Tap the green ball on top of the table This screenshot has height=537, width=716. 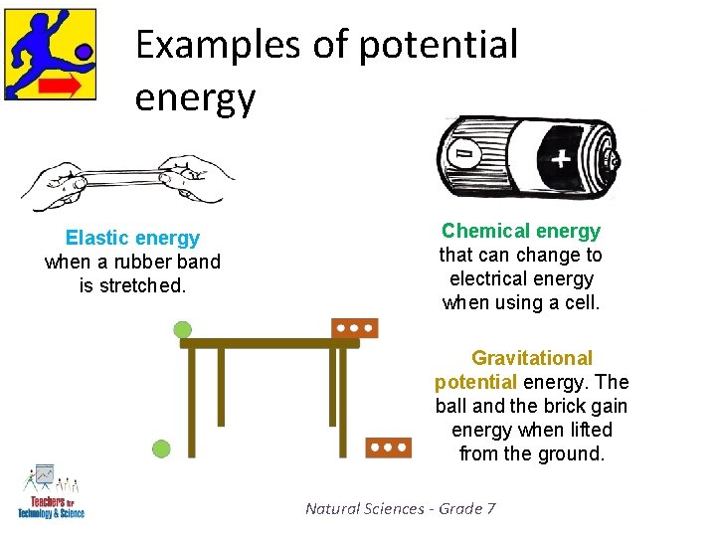[182, 330]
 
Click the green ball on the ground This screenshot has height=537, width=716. [161, 449]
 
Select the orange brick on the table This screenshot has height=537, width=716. [355, 328]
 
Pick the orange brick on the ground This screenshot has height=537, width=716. [388, 447]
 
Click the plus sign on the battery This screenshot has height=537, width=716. [561, 157]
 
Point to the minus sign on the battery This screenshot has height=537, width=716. [463, 154]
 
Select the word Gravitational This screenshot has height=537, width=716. [532, 358]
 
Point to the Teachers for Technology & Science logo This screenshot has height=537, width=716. [50, 492]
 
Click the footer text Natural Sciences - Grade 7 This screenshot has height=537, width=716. [401, 508]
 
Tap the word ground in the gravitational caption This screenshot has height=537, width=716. [568, 453]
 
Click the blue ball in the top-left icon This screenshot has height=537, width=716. [84, 50]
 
